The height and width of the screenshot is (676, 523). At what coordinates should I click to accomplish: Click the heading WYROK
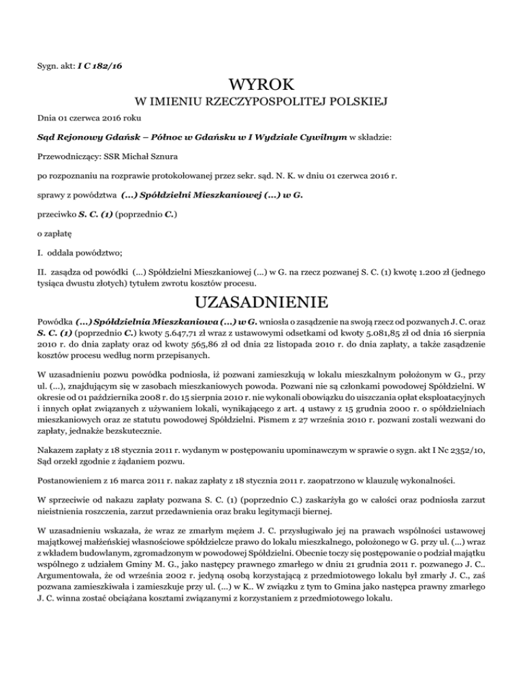(261, 86)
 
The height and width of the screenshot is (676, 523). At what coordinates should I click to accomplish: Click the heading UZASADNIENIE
(261, 300)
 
